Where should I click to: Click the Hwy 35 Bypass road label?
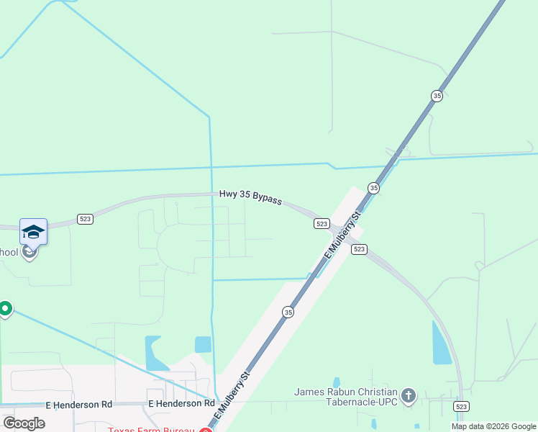[250, 197]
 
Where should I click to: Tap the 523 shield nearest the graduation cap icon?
[85, 219]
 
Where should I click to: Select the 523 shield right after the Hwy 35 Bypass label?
[322, 224]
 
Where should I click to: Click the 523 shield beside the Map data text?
[462, 407]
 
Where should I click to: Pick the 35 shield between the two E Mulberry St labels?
[288, 312]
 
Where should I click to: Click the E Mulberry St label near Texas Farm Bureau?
[235, 397]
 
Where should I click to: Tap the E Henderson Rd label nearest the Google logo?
[79, 405]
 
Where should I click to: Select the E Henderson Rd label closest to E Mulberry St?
[181, 405]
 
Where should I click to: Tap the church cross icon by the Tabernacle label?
[409, 395]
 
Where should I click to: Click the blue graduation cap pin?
[33, 231]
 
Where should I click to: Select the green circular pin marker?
[5, 309]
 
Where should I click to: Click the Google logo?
[24, 423]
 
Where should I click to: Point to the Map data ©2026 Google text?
[493, 426]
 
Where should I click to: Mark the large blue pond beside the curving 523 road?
[442, 343]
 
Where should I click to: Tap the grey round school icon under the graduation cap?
[29, 251]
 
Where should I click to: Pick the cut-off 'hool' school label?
[9, 252]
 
